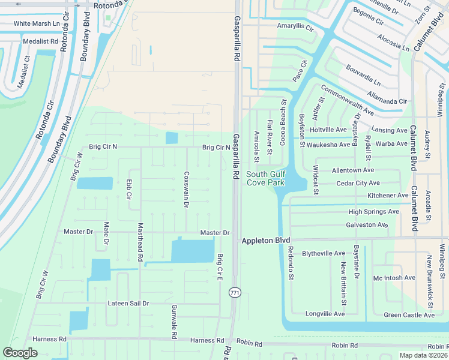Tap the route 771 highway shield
tap(235, 292)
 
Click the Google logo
tap(20, 353)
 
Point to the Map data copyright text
tap(423, 355)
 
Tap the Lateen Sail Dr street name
tap(128, 303)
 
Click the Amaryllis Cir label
tap(295, 27)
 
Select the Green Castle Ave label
tap(409, 315)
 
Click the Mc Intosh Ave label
tap(394, 278)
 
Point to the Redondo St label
tap(291, 263)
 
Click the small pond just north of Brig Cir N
tap(171, 138)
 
